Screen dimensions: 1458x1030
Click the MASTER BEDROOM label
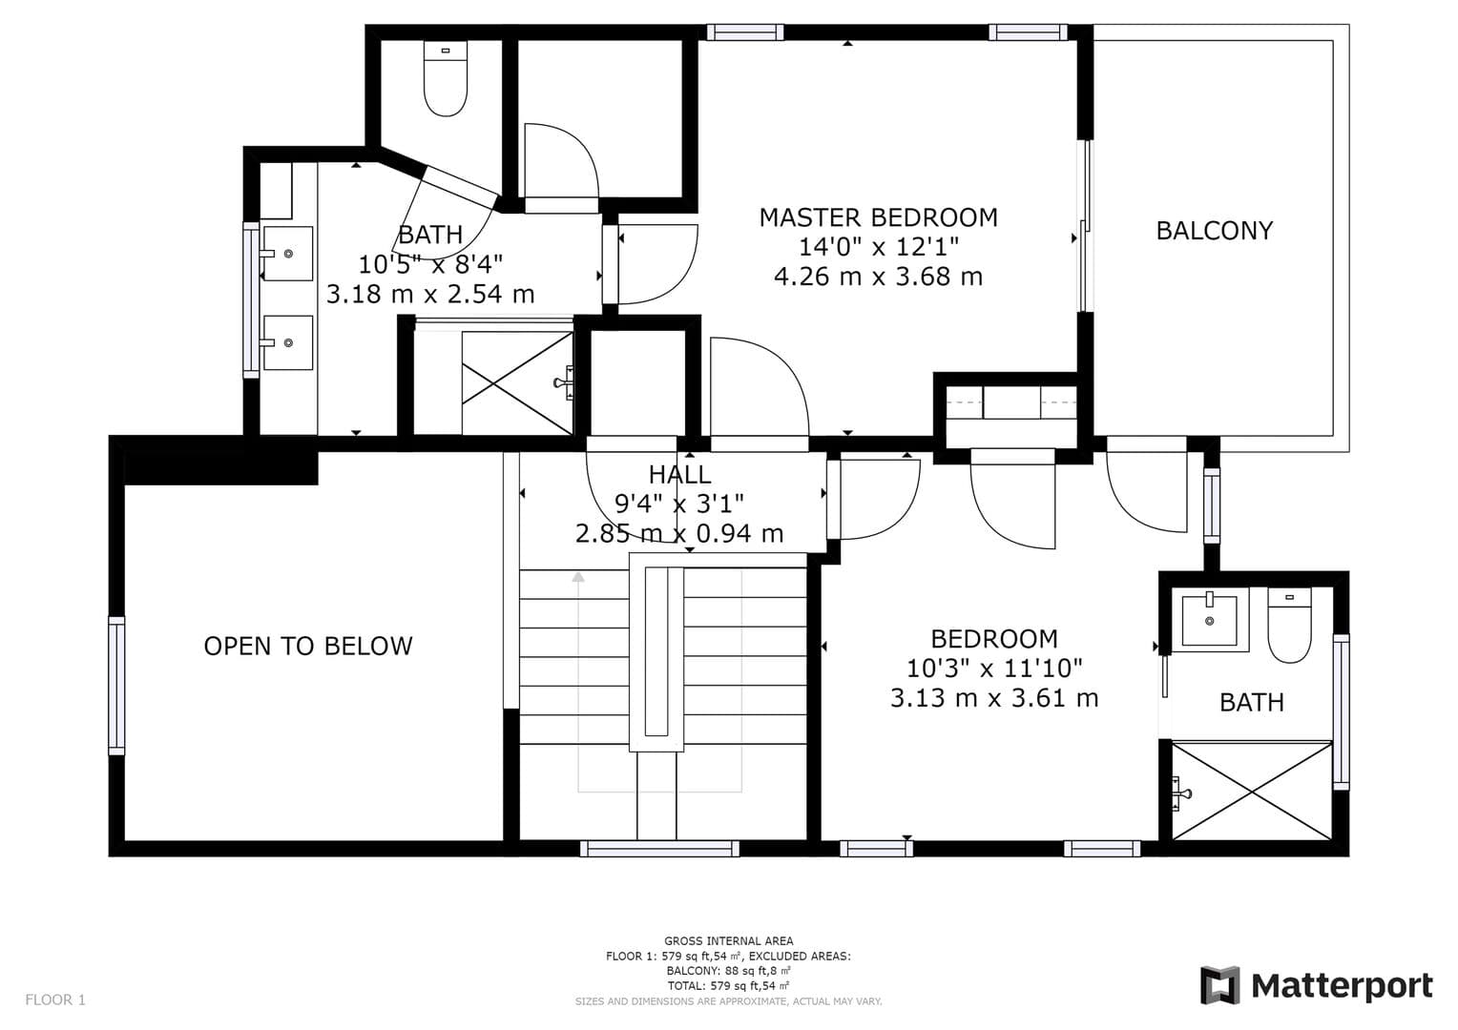[878, 217]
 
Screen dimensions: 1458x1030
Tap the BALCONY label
[1215, 231]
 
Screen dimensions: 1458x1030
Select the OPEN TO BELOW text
[308, 646]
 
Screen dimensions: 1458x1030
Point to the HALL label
[679, 474]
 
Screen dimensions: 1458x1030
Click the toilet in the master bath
[446, 79]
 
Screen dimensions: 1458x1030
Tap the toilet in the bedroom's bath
[1289, 626]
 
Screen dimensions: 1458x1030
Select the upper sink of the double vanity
[288, 254]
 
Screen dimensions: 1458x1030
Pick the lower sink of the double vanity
[288, 343]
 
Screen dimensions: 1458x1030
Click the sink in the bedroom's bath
[1209, 619]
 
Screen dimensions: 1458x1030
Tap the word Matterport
[1343, 986]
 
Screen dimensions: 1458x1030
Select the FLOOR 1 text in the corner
[55, 999]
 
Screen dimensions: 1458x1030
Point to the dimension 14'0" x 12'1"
[878, 247]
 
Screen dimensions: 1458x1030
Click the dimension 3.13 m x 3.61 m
[994, 698]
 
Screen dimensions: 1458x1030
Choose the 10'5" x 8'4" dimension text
[430, 265]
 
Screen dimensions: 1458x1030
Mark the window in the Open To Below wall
[116, 685]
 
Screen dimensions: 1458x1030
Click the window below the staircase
[659, 849]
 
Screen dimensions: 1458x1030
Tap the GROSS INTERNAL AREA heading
[728, 941]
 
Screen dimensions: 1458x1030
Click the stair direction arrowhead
[578, 576]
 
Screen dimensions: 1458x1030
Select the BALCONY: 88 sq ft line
[728, 971]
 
